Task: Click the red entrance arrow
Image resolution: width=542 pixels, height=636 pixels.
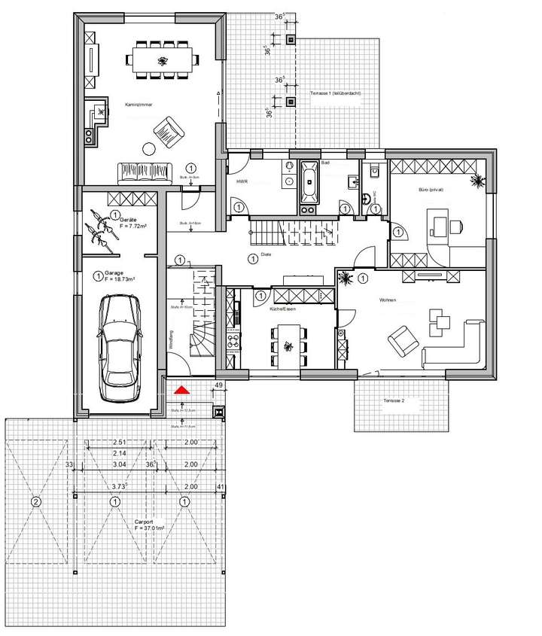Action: (x=181, y=391)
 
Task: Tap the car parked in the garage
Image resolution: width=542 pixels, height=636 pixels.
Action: (x=120, y=339)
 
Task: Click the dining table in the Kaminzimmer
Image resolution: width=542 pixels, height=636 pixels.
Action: (x=162, y=59)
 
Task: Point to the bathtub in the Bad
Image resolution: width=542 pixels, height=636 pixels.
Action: (x=309, y=184)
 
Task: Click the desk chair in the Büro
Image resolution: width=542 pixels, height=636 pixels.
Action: (x=456, y=224)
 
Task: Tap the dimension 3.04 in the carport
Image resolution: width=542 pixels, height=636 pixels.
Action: (x=120, y=465)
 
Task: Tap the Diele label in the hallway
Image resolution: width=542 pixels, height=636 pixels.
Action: (x=265, y=255)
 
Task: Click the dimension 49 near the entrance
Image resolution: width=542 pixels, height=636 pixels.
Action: (x=219, y=385)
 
